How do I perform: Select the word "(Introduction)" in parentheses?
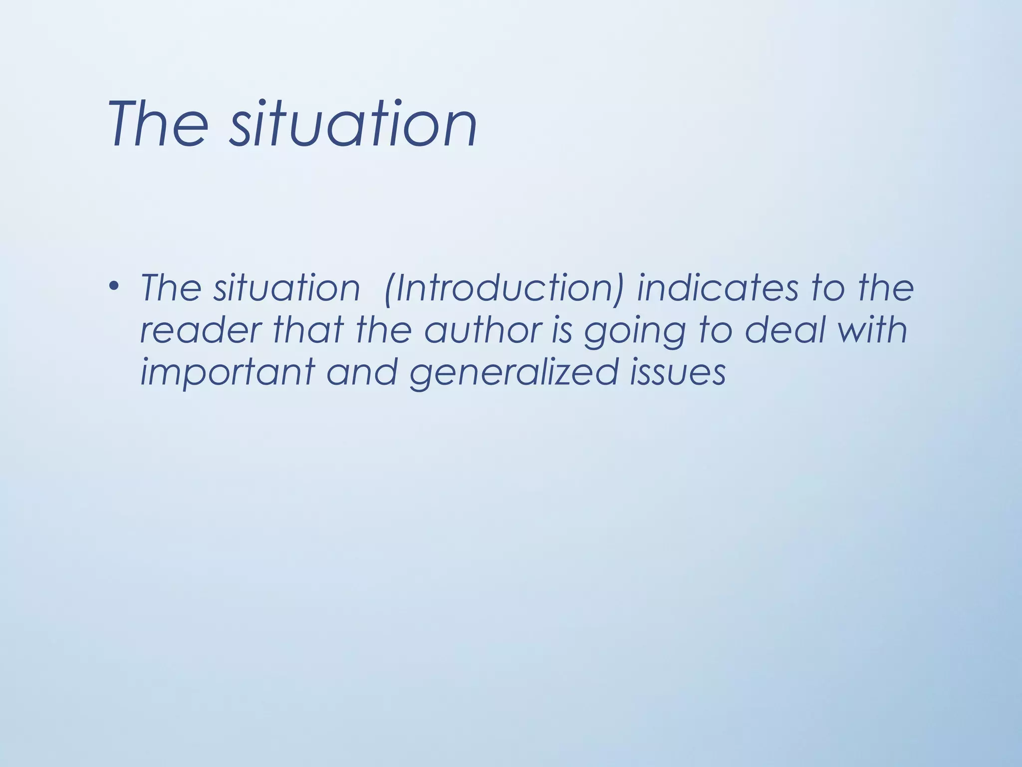pos(504,288)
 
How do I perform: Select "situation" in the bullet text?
pos(286,288)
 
